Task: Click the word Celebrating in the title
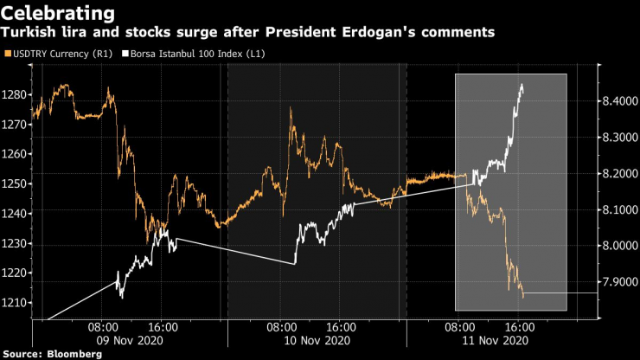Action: click(x=60, y=13)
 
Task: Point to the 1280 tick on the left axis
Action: click(x=16, y=94)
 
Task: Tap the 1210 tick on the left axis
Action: click(x=16, y=302)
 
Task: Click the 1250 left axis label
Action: click(x=16, y=183)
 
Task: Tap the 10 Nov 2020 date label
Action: click(x=310, y=340)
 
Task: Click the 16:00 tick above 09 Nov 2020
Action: click(x=163, y=328)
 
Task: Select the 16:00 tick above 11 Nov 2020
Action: click(x=518, y=328)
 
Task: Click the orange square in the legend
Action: click(x=9, y=55)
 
